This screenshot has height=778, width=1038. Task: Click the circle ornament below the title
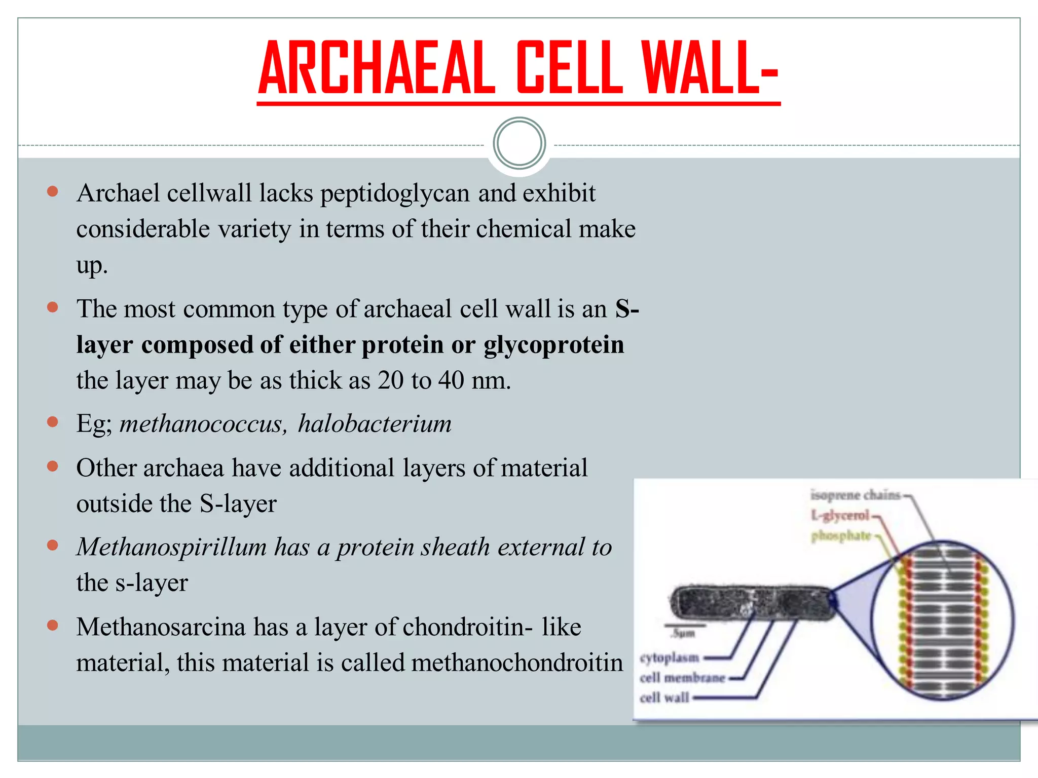(x=519, y=143)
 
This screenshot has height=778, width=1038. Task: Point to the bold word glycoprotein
(x=553, y=345)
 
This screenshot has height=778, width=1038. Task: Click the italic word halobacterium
(x=375, y=423)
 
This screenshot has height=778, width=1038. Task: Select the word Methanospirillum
(x=172, y=547)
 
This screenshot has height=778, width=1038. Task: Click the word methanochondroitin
(x=516, y=663)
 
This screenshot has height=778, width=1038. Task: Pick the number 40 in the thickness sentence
(x=451, y=380)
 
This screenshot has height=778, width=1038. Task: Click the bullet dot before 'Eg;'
(x=52, y=422)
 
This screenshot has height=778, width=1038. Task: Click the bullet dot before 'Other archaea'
(x=52, y=466)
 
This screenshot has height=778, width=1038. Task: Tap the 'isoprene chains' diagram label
(x=855, y=495)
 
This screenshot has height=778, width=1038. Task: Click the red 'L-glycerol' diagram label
(x=840, y=516)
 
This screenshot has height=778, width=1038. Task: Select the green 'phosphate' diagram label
(x=840, y=536)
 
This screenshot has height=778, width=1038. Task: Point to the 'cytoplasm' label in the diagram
(x=669, y=658)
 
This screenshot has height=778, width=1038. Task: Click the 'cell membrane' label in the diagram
(x=682, y=678)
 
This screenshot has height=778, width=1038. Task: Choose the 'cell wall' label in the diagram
(x=664, y=698)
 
